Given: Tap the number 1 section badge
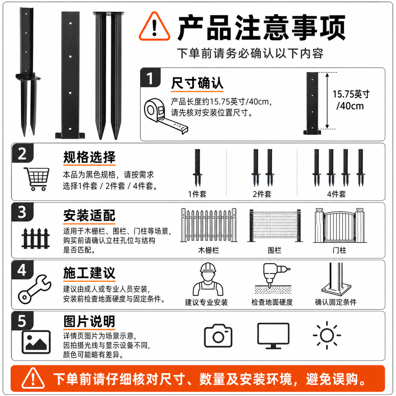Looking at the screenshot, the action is pos(150,78).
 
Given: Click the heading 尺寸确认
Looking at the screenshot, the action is pos(197,83).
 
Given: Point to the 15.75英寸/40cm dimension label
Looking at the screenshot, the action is pos(351,100).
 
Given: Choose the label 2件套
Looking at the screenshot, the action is pos(262,194).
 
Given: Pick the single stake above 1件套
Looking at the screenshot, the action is pos(197,167).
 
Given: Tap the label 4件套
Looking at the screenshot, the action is pos(336,194).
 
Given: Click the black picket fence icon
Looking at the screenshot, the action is pos(36,238).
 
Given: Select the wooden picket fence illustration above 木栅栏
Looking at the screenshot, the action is pos(209,225).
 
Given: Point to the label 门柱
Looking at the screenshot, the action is pos(339,250).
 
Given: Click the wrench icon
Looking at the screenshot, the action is pos(34,290).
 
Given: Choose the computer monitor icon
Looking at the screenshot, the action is pos(273,336).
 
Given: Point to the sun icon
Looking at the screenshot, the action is pos(327,335).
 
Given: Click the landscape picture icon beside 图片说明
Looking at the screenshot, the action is pos(36,342).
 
